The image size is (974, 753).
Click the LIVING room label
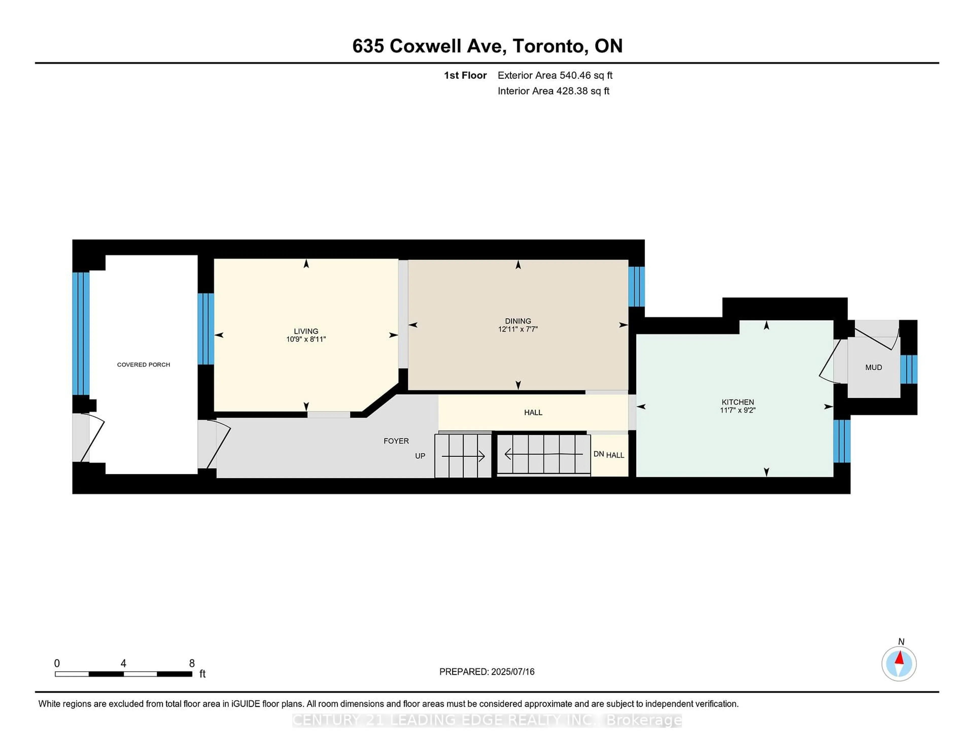[x=306, y=331]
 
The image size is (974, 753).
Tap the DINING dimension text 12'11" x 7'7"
[x=518, y=329]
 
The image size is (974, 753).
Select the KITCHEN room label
[x=738, y=402]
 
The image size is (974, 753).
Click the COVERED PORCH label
[x=144, y=365]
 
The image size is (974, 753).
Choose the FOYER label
[x=396, y=441]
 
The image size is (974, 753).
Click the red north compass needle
[x=899, y=658]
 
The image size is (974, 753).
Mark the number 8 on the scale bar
[x=192, y=663]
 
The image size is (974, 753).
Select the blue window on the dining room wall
[x=636, y=286]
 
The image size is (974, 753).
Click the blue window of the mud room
[x=909, y=369]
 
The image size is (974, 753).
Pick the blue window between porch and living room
[x=206, y=329]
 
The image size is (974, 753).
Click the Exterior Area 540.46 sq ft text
[x=555, y=75]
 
